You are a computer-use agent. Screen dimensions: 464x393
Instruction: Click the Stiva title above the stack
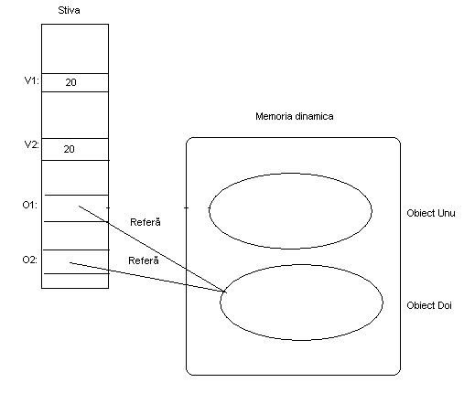[x=69, y=10]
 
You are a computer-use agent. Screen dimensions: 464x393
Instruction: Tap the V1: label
[x=32, y=80]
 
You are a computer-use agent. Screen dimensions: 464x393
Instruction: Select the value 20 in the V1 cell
[x=70, y=82]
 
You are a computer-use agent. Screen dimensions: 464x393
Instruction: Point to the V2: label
[x=32, y=144]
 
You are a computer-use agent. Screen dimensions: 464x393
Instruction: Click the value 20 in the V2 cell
[x=69, y=149]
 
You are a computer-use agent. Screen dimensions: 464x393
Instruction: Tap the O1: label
[x=29, y=205]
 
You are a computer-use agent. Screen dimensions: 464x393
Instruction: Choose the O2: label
[x=29, y=260]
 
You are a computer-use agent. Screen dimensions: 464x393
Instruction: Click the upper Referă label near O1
[x=146, y=222]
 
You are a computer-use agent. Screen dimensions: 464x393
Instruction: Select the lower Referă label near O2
[x=144, y=260]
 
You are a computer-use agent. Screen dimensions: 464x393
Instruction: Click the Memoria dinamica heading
[x=295, y=116]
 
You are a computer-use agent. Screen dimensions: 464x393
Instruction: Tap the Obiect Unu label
[x=431, y=213]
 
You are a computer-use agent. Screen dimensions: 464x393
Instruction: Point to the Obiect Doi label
[x=429, y=305]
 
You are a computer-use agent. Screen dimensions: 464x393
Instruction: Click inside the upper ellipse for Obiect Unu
[x=290, y=211]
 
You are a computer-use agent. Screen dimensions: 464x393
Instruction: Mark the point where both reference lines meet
[x=225, y=292]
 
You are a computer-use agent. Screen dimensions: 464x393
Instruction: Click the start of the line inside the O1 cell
[x=79, y=206]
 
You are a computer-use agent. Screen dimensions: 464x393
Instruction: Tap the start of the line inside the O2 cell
[x=70, y=262]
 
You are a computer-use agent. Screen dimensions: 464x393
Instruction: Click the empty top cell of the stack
[x=75, y=48]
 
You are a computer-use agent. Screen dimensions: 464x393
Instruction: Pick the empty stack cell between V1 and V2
[x=75, y=115]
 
